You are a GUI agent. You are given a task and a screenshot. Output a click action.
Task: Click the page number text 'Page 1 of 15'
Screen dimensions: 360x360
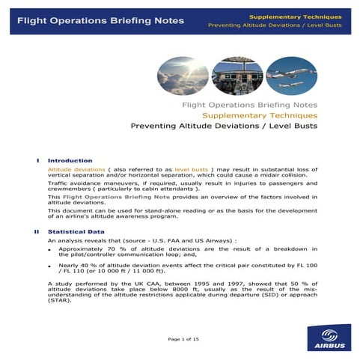tap(183, 340)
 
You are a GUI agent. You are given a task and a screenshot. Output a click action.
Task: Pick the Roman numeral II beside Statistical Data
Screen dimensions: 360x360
tap(36, 231)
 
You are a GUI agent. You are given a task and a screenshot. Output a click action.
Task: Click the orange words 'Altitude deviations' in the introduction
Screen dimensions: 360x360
tap(70, 170)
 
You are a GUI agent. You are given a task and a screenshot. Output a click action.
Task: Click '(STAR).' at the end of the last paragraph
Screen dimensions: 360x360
tap(60, 309)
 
